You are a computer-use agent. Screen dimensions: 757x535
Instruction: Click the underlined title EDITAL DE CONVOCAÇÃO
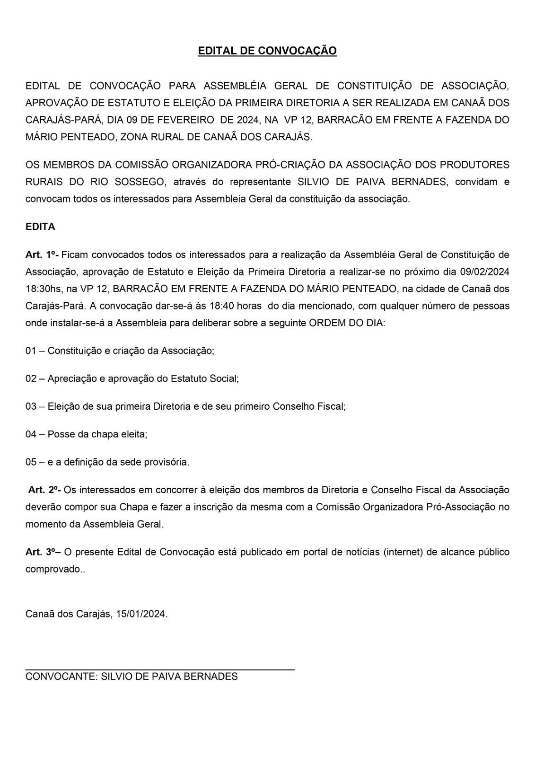click(267, 51)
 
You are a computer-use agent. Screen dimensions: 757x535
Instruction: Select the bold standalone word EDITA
click(40, 227)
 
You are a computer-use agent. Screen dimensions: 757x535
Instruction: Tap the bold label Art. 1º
click(42, 255)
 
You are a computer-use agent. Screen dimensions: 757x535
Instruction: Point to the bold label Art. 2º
click(44, 490)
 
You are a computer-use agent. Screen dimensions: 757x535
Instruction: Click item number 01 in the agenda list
click(31, 351)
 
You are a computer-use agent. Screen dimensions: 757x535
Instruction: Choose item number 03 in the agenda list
click(31, 406)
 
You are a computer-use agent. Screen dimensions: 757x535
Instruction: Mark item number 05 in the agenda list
click(31, 462)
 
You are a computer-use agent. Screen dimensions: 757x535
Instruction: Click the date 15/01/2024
click(141, 615)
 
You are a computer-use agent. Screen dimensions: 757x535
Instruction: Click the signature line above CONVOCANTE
click(160, 669)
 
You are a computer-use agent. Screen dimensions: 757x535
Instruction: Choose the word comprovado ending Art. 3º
click(54, 570)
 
